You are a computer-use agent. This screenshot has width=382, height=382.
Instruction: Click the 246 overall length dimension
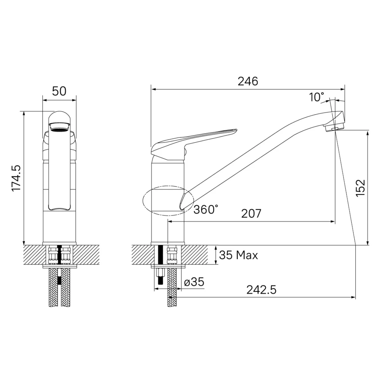click(248, 81)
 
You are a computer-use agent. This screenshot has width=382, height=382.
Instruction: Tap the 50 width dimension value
click(59, 91)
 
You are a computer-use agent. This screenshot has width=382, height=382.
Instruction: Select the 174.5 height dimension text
click(16, 178)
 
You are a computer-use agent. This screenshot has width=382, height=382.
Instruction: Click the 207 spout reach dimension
click(251, 213)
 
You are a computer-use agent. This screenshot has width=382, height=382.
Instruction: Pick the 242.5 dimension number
click(261, 290)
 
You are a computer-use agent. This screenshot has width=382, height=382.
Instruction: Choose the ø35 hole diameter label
click(194, 282)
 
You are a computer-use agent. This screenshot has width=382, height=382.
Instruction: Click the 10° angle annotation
click(316, 97)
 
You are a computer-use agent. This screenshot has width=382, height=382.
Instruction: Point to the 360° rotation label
click(206, 209)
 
